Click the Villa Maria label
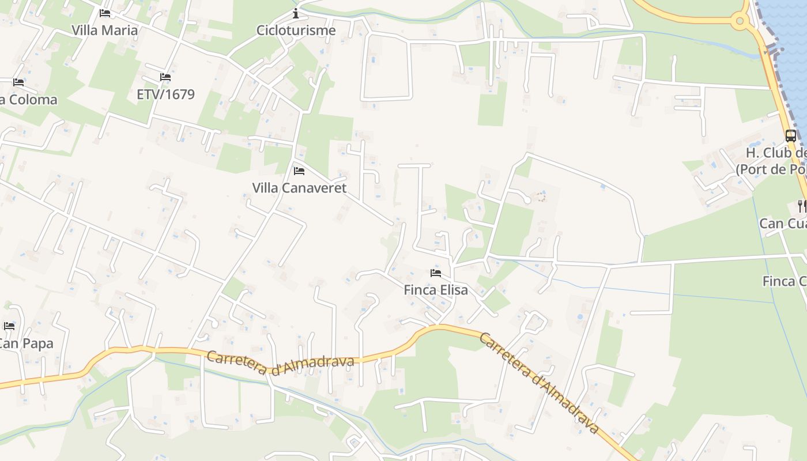click(x=105, y=30)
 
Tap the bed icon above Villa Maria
click(x=104, y=13)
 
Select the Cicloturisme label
click(x=296, y=30)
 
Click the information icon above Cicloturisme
click(x=296, y=13)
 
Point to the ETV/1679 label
click(x=165, y=94)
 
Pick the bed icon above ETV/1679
click(x=165, y=77)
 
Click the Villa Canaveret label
click(x=299, y=188)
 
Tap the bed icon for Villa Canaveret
click(x=299, y=171)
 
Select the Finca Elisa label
click(x=436, y=290)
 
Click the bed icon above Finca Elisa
click(x=436, y=273)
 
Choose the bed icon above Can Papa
click(x=9, y=326)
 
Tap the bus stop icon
click(x=791, y=136)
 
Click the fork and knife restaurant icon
click(x=801, y=205)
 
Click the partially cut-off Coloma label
click(x=29, y=100)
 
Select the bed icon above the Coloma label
click(x=18, y=82)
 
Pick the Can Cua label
click(x=783, y=223)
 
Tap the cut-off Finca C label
click(x=785, y=281)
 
